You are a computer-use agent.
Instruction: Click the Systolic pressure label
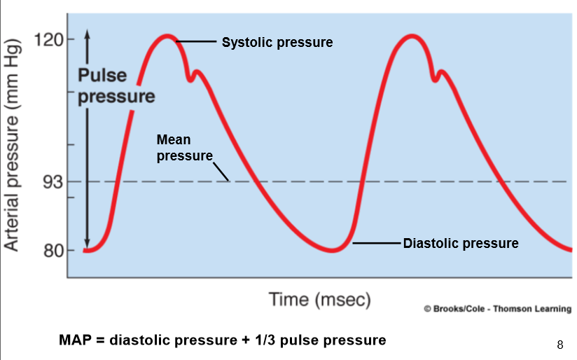click(x=277, y=43)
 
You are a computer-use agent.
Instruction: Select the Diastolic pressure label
click(x=461, y=244)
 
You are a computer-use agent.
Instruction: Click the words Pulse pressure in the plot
click(x=116, y=85)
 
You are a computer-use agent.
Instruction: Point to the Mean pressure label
click(x=184, y=148)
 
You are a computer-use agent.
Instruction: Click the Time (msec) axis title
click(x=320, y=300)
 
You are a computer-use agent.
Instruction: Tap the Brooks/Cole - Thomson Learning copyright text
click(x=497, y=309)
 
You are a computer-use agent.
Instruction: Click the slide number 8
click(x=559, y=345)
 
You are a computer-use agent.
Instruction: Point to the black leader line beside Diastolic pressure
click(x=377, y=243)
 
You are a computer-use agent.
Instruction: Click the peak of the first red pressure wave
click(x=167, y=36)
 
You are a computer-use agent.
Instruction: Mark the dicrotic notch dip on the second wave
click(x=436, y=78)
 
